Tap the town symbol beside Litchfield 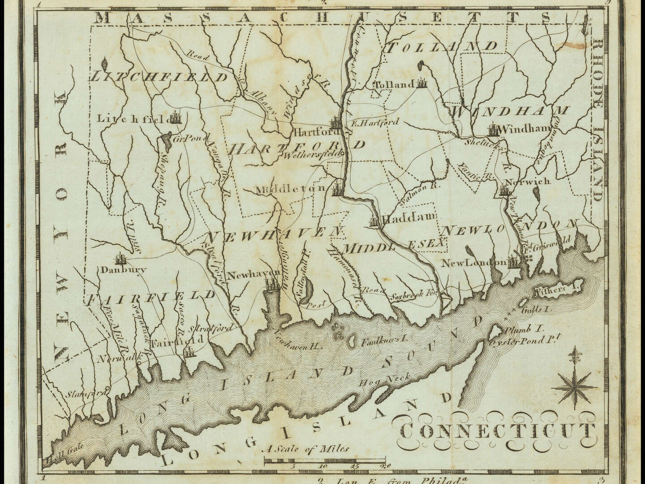click(x=176, y=117)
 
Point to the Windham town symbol click(x=493, y=130)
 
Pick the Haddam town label click(x=408, y=218)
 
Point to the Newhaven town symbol click(x=271, y=284)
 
